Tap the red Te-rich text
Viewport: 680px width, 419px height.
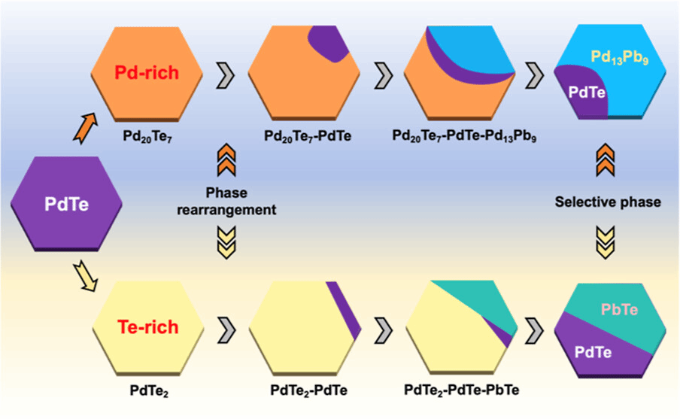(147, 327)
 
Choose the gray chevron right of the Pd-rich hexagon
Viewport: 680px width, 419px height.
(225, 74)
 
